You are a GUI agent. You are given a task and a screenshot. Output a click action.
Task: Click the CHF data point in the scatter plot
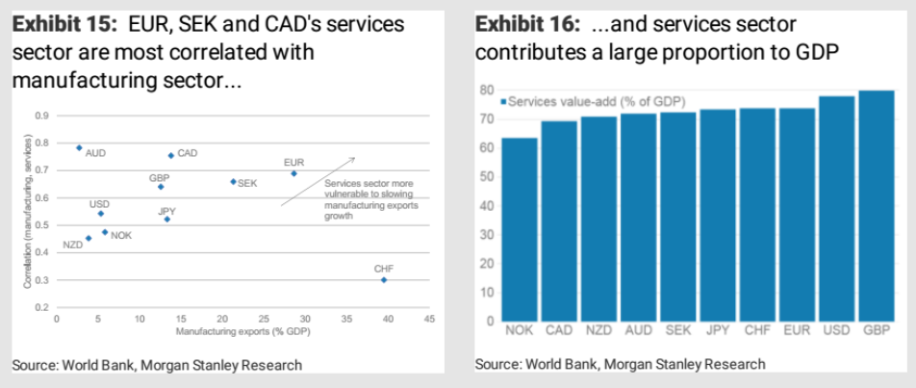click(x=384, y=279)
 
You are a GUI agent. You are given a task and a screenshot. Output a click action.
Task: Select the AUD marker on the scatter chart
click(x=79, y=147)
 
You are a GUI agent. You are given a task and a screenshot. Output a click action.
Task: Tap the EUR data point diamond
click(x=293, y=173)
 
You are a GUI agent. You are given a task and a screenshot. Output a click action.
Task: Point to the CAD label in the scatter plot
click(x=188, y=153)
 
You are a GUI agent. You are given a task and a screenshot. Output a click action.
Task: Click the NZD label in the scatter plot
click(x=73, y=246)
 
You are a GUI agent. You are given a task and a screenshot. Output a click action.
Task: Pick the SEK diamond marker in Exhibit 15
click(x=233, y=181)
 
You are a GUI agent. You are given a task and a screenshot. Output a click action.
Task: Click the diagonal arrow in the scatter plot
click(x=318, y=181)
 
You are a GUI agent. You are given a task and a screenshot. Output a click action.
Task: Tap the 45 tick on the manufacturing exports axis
click(x=428, y=318)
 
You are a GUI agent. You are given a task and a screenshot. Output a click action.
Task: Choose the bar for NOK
click(x=520, y=229)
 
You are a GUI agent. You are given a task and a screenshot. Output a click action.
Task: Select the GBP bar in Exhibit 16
click(x=875, y=206)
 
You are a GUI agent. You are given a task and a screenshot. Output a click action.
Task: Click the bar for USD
click(x=835, y=209)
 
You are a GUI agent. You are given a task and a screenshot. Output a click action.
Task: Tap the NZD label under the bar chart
click(x=598, y=330)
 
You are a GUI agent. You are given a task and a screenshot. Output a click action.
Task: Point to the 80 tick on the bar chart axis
click(x=488, y=91)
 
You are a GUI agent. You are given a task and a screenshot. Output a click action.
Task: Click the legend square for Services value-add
click(x=503, y=100)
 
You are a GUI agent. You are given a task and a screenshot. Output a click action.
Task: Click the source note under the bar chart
click(x=621, y=365)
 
